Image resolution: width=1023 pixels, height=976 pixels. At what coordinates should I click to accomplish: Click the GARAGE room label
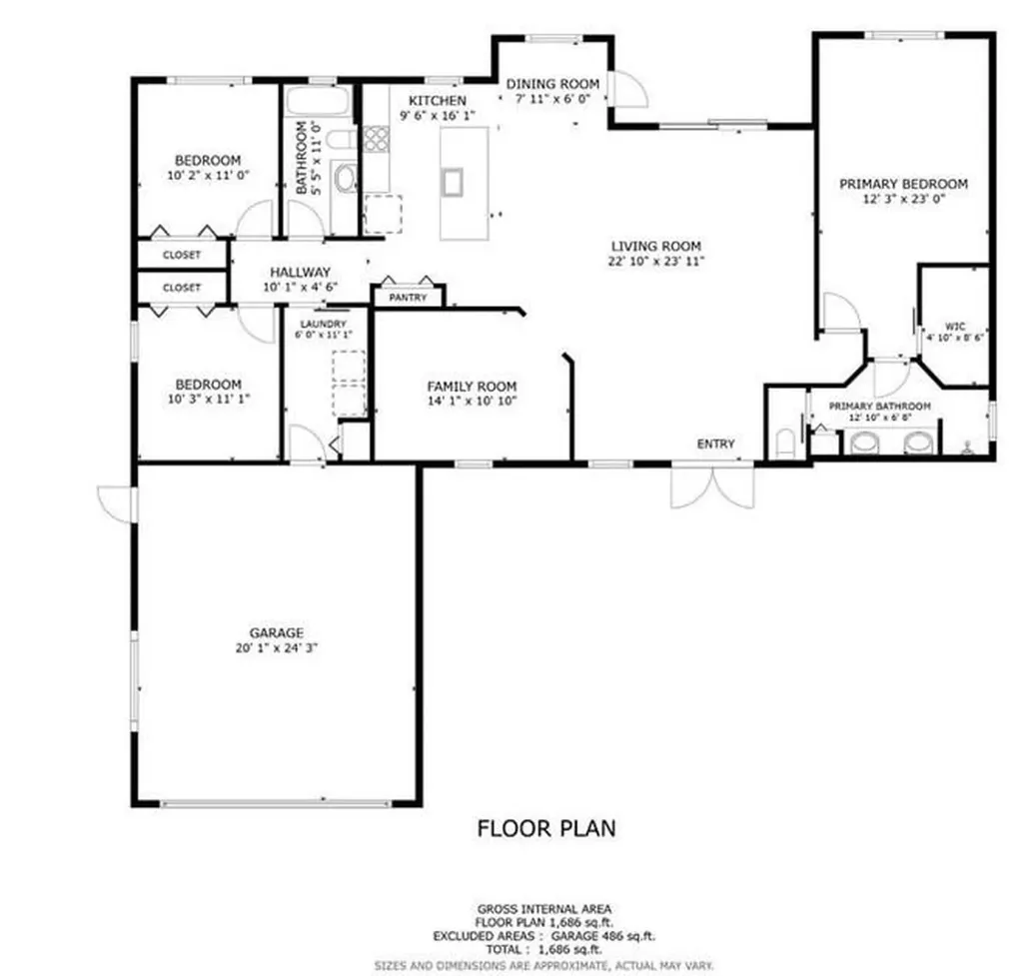(276, 632)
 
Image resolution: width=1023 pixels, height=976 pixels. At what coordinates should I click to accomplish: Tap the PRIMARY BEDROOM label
(903, 184)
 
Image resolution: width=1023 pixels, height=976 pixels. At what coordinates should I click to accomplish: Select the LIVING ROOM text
(655, 246)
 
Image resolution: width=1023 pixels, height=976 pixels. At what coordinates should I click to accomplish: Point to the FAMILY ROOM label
(472, 387)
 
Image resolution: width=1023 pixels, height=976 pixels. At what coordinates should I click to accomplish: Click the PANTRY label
(409, 298)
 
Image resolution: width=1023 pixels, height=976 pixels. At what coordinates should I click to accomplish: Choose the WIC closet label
(954, 326)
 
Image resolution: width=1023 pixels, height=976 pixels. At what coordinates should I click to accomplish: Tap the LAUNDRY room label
(321, 325)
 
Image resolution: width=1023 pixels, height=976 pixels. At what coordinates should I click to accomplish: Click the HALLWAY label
(300, 272)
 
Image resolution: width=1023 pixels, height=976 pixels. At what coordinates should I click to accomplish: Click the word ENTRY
(715, 444)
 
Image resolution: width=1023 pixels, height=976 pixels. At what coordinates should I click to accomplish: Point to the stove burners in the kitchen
(376, 139)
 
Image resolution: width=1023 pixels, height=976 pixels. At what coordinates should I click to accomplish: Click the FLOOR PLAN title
(545, 828)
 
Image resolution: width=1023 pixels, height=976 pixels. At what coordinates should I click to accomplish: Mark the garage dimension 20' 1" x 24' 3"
(276, 647)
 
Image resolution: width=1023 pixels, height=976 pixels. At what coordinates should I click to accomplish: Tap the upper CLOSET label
(182, 255)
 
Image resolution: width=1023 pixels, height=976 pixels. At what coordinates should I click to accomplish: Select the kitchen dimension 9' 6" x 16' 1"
(437, 116)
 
